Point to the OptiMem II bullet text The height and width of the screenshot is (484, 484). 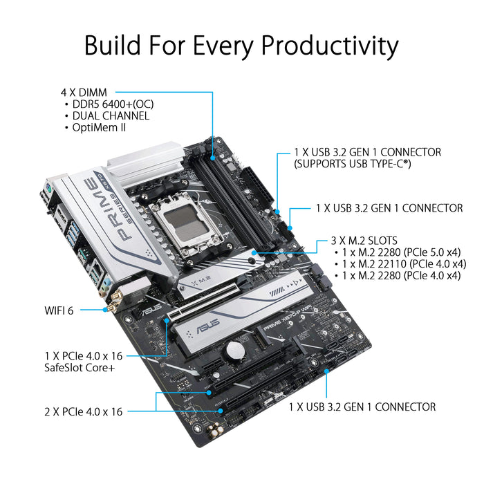103,127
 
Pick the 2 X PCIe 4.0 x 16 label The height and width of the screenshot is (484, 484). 83,411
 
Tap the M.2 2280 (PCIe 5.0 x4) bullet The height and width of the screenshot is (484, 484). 402,252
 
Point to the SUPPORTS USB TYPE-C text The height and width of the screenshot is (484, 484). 353,164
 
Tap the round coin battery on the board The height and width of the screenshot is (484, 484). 238,348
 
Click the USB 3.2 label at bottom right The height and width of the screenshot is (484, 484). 362,407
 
